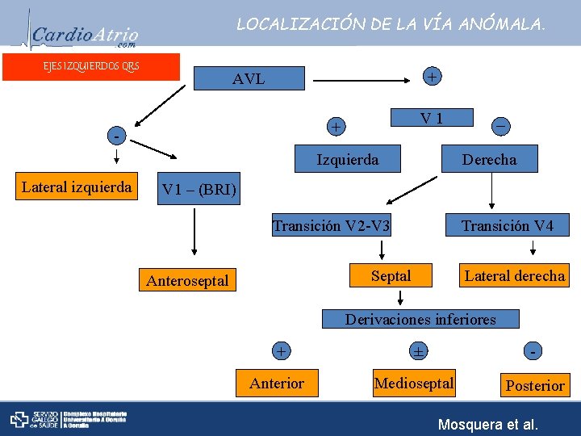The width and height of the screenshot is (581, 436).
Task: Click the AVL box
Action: coord(249,79)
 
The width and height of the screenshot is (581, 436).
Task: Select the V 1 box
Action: coord(433,119)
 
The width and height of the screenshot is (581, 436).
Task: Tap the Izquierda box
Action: coord(347,160)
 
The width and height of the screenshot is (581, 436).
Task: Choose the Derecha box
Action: coord(489,160)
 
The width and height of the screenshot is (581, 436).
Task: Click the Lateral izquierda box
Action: coord(77,187)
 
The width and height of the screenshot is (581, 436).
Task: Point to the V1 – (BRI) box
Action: coord(199,191)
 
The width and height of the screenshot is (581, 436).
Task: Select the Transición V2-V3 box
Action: coord(332,226)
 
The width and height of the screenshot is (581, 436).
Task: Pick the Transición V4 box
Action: coord(508,226)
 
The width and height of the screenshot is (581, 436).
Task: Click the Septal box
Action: coord(391,276)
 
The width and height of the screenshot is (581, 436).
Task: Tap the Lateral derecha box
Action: coord(514,276)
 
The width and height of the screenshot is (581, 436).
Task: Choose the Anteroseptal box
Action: coord(188,281)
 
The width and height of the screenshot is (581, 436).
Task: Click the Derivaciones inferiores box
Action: coord(420,319)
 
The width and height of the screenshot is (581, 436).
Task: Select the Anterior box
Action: coord(277,383)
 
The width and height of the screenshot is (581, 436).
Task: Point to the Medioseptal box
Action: coord(414,383)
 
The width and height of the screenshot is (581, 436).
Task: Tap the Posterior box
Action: coord(534,385)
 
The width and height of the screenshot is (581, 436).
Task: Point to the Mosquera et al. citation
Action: coord(487,424)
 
